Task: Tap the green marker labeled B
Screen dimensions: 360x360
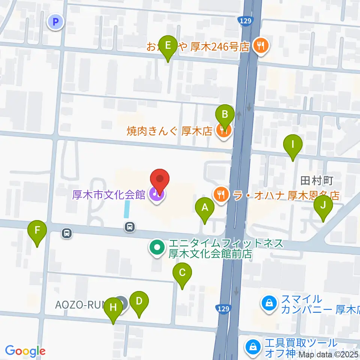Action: (225, 114)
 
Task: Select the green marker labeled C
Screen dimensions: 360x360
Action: (182, 273)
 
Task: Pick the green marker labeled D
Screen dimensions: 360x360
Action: (139, 301)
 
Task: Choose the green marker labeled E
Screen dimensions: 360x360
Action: (168, 46)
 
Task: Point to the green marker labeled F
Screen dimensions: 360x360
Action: (37, 230)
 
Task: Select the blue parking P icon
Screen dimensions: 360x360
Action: (56, 22)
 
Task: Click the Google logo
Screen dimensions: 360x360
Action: (25, 351)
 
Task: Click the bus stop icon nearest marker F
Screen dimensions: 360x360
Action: (67, 234)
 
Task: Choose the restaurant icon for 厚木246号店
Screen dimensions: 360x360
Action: (260, 46)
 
